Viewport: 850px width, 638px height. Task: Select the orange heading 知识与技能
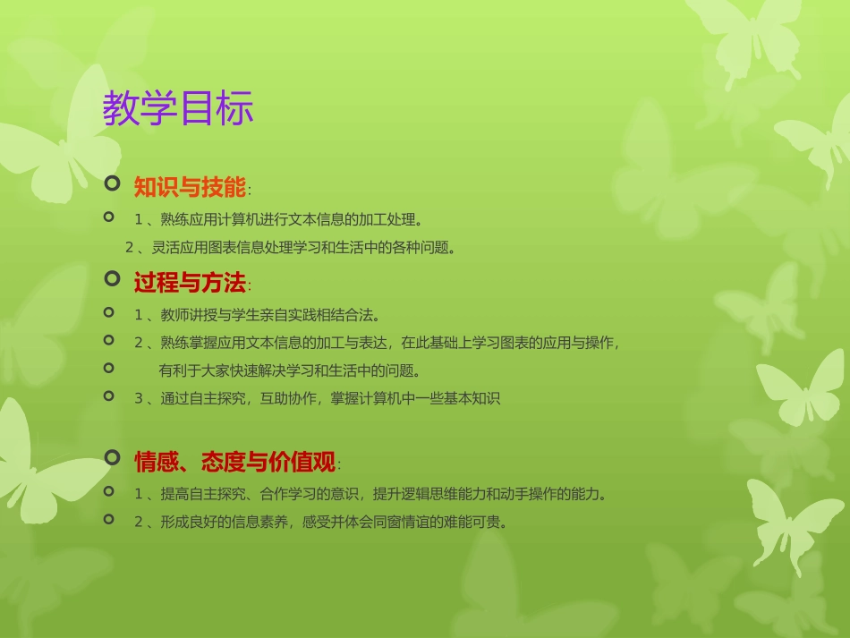pyautogui.click(x=190, y=188)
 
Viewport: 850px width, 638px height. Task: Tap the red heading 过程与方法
pyautogui.click(x=190, y=284)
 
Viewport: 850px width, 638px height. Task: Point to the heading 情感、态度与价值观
pyautogui.click(x=234, y=463)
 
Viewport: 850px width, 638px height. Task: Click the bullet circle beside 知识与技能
pyautogui.click(x=112, y=184)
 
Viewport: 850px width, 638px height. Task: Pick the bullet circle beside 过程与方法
pyautogui.click(x=112, y=279)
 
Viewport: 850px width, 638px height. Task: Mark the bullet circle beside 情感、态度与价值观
pyautogui.click(x=112, y=458)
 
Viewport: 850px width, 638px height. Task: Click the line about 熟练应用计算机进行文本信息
pyautogui.click(x=277, y=218)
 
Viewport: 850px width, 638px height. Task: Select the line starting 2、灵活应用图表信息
pyautogui.click(x=291, y=248)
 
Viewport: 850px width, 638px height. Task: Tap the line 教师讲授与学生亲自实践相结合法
pyautogui.click(x=258, y=315)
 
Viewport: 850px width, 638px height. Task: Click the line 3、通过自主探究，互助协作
pyautogui.click(x=317, y=399)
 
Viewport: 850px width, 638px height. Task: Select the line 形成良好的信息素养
pyautogui.click(x=320, y=523)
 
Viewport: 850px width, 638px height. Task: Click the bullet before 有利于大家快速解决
pyautogui.click(x=109, y=367)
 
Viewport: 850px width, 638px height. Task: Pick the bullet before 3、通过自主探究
pyautogui.click(x=109, y=395)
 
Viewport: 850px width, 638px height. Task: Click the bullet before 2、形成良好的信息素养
pyautogui.click(x=109, y=518)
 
